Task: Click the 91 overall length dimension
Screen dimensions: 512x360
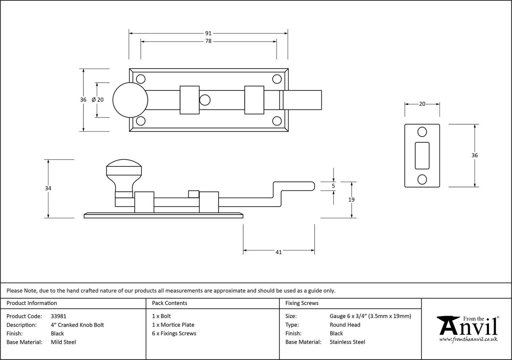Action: [x=208, y=33]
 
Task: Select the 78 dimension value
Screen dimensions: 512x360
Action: [x=208, y=41]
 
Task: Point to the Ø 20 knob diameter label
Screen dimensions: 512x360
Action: [x=98, y=100]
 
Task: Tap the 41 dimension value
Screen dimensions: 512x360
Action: [x=278, y=252]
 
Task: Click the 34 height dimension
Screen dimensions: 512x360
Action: [x=48, y=188]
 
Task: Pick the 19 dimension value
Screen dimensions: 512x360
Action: [x=351, y=200]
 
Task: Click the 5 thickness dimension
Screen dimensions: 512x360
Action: [x=333, y=186]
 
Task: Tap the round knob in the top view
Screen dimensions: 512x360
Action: [x=130, y=100]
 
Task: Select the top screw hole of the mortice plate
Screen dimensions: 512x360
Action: [x=422, y=132]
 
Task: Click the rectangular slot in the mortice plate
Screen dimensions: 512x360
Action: [x=422, y=156]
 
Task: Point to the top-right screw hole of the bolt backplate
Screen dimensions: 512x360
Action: [x=277, y=79]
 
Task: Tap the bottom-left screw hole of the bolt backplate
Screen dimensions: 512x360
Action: [x=141, y=121]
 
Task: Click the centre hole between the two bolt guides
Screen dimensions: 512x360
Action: [x=205, y=100]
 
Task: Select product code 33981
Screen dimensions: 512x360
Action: [x=59, y=316]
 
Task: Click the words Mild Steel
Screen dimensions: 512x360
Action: [x=63, y=342]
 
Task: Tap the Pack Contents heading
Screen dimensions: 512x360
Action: [x=170, y=303]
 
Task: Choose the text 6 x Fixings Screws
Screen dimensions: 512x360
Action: [x=174, y=333]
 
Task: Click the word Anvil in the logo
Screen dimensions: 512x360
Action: [x=469, y=327]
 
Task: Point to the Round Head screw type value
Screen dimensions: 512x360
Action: [x=345, y=325]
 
